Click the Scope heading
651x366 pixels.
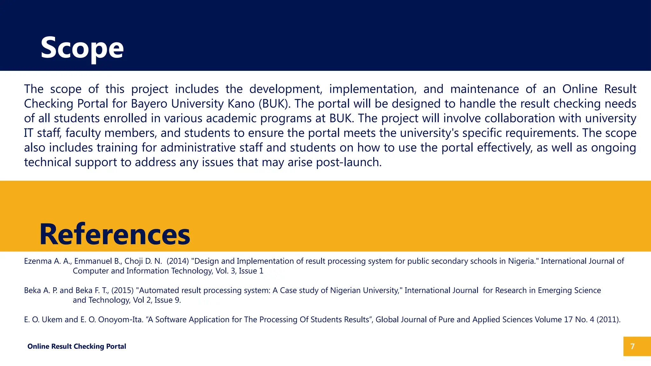click(82, 48)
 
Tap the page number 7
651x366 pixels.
click(632, 346)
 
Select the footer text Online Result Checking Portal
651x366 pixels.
click(77, 346)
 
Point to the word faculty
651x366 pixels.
click(83, 133)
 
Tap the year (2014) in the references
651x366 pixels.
click(178, 261)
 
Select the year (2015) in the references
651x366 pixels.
click(122, 290)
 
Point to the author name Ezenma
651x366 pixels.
click(38, 261)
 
